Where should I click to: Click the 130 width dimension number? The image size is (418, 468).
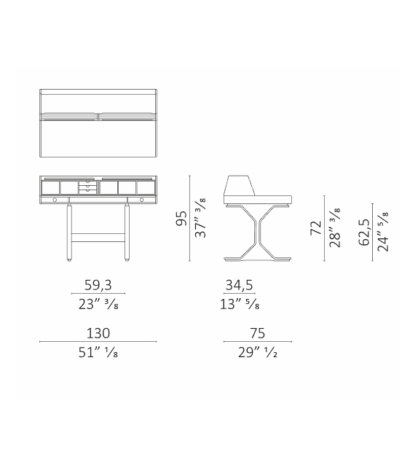[x=98, y=333]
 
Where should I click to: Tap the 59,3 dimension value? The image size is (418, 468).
[x=98, y=285]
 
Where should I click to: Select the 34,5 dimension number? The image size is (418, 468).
[x=239, y=285]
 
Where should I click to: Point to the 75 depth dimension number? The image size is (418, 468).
[x=258, y=333]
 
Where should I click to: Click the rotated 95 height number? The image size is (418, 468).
[x=181, y=218]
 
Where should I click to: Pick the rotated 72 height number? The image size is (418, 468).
[x=316, y=228]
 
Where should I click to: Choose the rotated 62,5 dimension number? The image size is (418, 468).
[x=363, y=233]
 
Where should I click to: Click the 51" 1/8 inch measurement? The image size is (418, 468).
[x=98, y=353]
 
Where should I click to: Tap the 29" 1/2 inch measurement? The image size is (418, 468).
[x=258, y=353]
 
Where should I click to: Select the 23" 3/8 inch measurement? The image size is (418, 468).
[x=98, y=305]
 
